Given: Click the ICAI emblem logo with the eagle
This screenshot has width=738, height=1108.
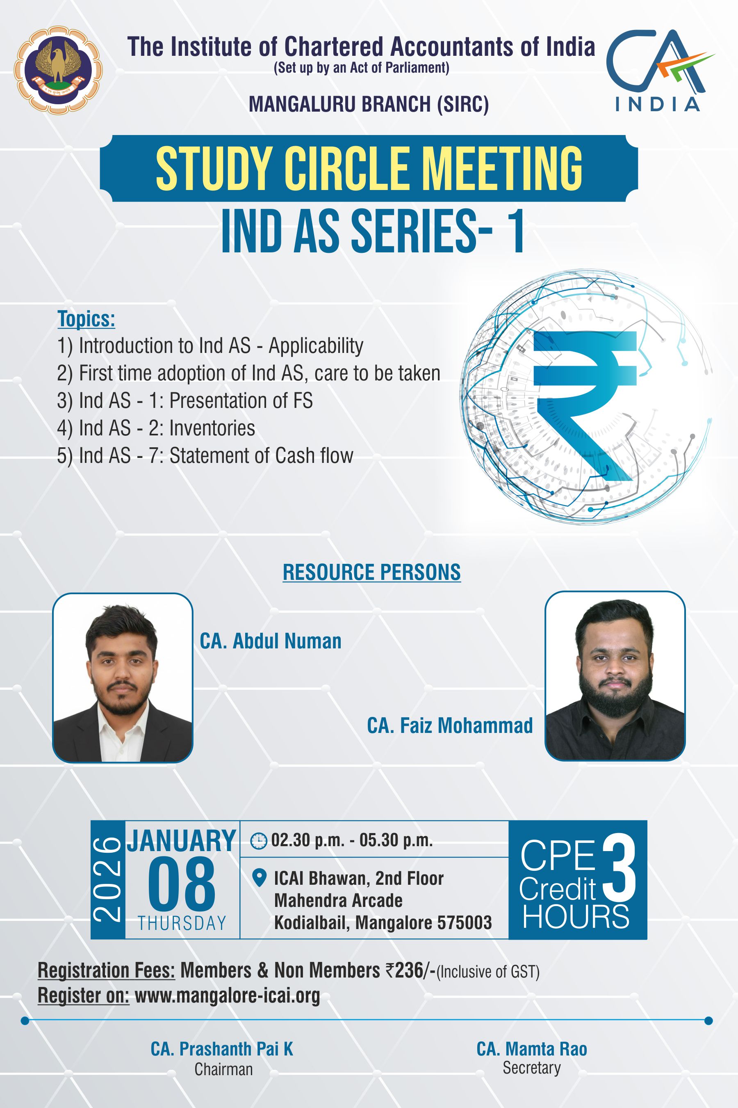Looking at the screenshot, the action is pos(58,70).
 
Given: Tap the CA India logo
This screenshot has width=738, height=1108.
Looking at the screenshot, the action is pos(659,70).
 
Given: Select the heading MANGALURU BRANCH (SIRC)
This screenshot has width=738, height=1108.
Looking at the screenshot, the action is pos(369,104).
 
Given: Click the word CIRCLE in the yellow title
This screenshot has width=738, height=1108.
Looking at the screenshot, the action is pos(346,169).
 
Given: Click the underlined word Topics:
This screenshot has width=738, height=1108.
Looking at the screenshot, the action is pos(86,319).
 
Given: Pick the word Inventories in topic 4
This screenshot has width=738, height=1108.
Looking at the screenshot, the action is pos(212,428).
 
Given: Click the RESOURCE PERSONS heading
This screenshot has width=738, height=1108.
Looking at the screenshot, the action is pos(371,572).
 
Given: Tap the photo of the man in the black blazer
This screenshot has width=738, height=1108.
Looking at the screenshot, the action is pos(122,678).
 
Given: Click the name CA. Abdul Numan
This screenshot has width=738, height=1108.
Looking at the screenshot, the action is pos(271,641).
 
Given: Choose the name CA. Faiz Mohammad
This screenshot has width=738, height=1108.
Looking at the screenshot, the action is pos(450,726).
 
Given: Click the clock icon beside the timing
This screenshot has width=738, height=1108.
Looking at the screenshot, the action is pos(258,841).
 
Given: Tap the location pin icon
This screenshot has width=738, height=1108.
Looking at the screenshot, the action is pos(258,878).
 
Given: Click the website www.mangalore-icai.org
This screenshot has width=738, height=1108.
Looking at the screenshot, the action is pos(227,996).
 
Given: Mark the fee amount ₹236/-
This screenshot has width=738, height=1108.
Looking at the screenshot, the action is pos(410,971).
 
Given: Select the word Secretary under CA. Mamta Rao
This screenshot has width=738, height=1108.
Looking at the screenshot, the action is pos(532,1068).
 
